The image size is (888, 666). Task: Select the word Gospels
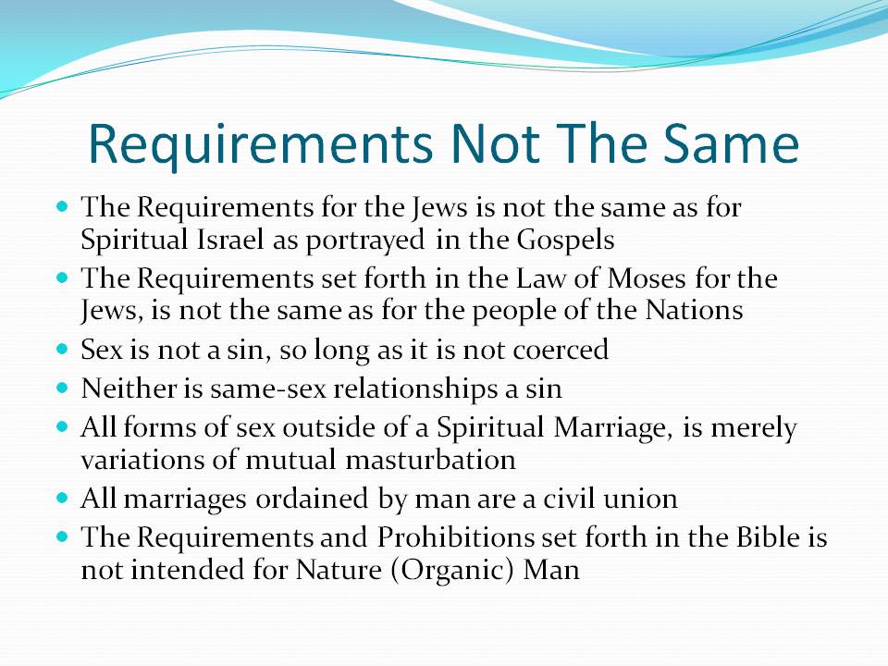pos(566,240)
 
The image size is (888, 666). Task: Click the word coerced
pos(561,350)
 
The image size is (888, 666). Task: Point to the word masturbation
pos(430,460)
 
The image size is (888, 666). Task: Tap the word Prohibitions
pos(455,537)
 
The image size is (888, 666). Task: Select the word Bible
pos(768,537)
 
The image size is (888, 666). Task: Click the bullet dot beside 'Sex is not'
pos(62,349)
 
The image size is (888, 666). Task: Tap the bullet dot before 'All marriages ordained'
pos(62,499)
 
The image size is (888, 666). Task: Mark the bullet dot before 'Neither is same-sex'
pos(62,388)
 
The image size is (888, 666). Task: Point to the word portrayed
pos(365,240)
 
